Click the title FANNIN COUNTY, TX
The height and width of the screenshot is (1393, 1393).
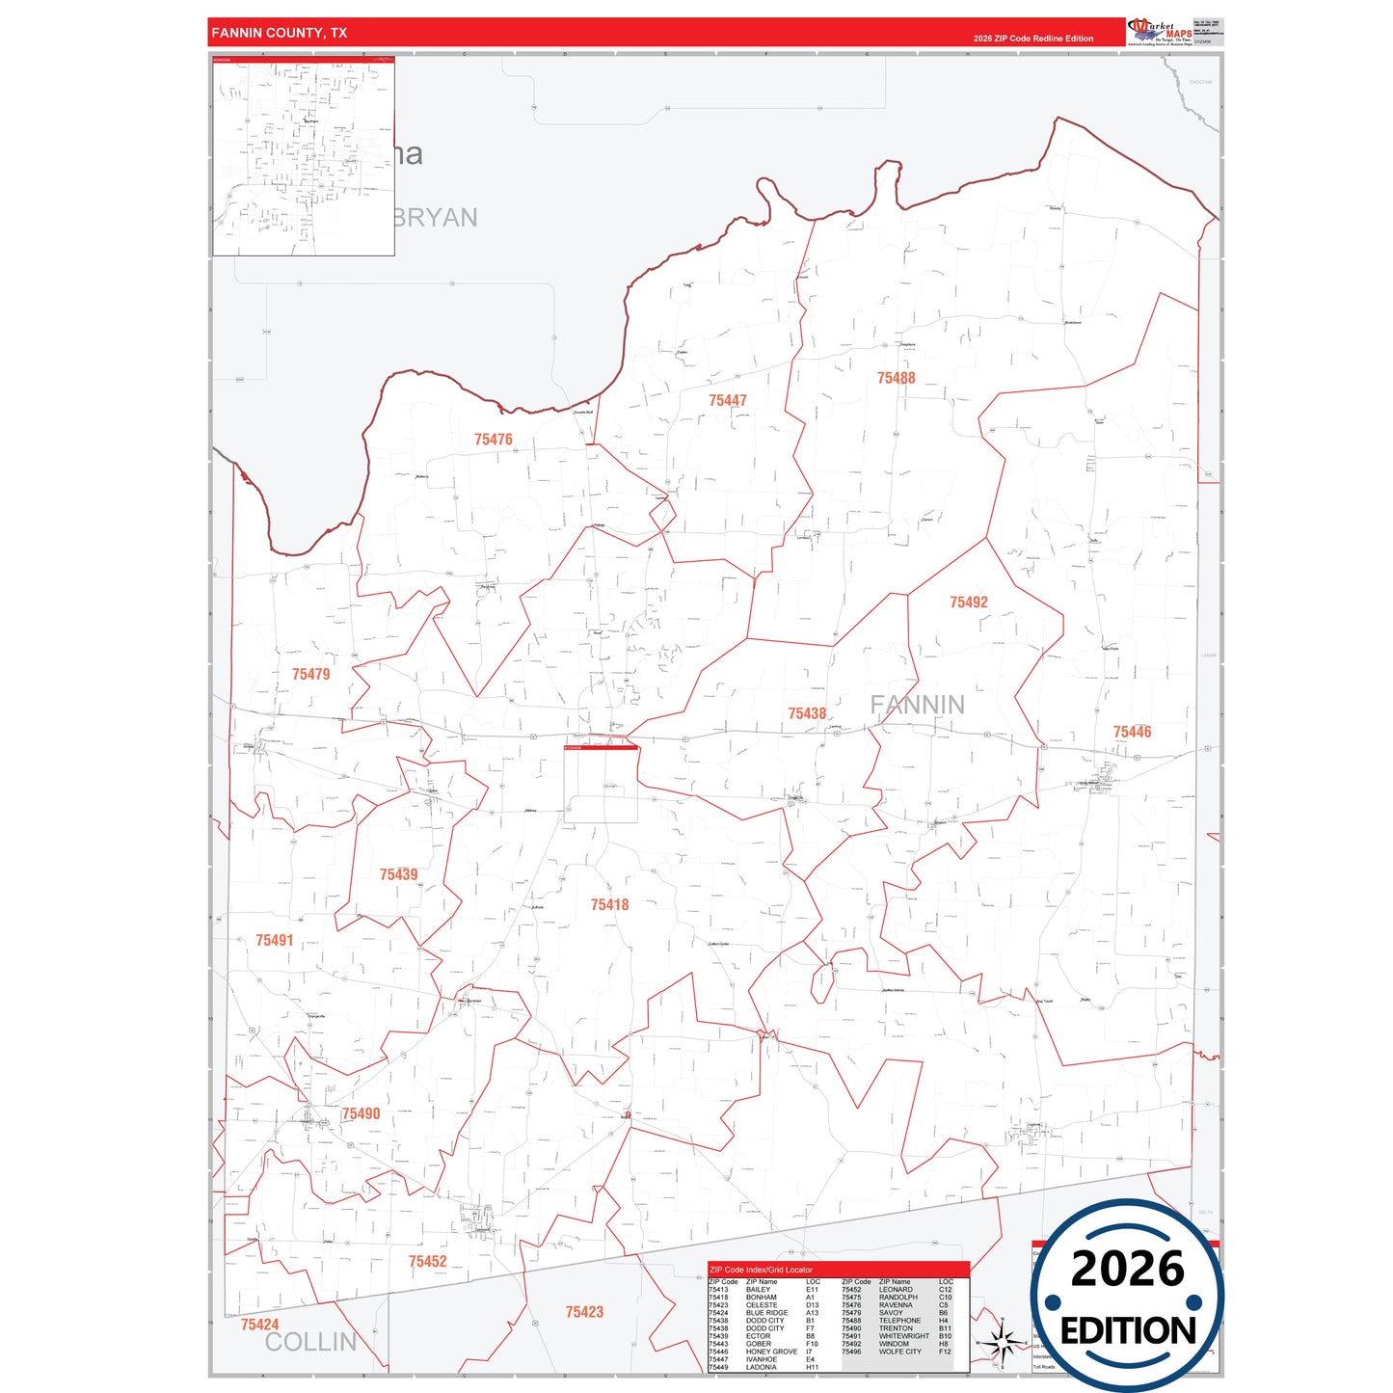[279, 33]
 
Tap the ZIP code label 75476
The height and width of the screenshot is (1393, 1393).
[493, 440]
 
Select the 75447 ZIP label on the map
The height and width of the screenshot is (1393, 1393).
[728, 400]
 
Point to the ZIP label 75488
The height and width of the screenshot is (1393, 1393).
[896, 378]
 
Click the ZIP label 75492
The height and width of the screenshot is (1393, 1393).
[968, 603]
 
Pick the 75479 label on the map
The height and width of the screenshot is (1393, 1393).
[310, 674]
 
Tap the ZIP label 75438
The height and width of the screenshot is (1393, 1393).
[807, 713]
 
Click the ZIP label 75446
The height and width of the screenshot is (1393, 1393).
[1132, 732]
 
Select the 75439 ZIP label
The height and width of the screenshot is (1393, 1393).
[398, 874]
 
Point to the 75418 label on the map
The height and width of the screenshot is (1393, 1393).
[609, 904]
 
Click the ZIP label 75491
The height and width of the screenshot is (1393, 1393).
[274, 940]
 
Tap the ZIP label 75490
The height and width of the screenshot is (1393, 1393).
[361, 1113]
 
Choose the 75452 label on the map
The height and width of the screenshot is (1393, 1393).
[427, 1261]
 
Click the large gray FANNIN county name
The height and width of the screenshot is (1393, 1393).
[917, 705]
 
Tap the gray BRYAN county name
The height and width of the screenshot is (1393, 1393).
[435, 218]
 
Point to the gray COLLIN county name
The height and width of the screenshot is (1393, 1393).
[310, 1341]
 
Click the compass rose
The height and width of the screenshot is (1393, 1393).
[1003, 1342]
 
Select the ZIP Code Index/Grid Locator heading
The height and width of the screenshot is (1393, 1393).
[761, 1270]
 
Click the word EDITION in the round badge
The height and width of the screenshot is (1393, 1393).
[1128, 1331]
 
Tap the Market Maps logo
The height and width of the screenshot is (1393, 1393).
[1160, 32]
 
